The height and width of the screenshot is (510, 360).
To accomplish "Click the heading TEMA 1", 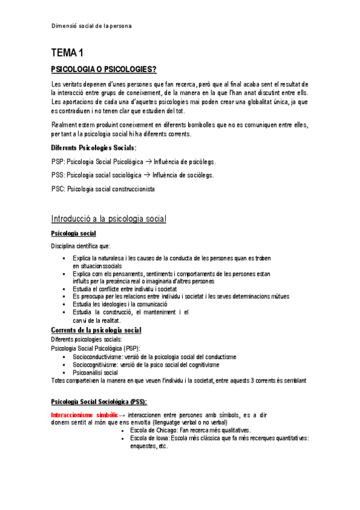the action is [67, 54].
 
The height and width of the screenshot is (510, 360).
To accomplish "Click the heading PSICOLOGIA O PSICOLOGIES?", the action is [105, 70].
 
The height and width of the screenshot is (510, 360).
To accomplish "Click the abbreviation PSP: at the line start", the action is [58, 162].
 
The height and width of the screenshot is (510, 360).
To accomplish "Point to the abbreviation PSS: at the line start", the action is [58, 175].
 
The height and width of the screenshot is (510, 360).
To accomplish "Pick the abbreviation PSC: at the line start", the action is [58, 189].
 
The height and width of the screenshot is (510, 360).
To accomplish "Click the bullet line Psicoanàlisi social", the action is [95, 372].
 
